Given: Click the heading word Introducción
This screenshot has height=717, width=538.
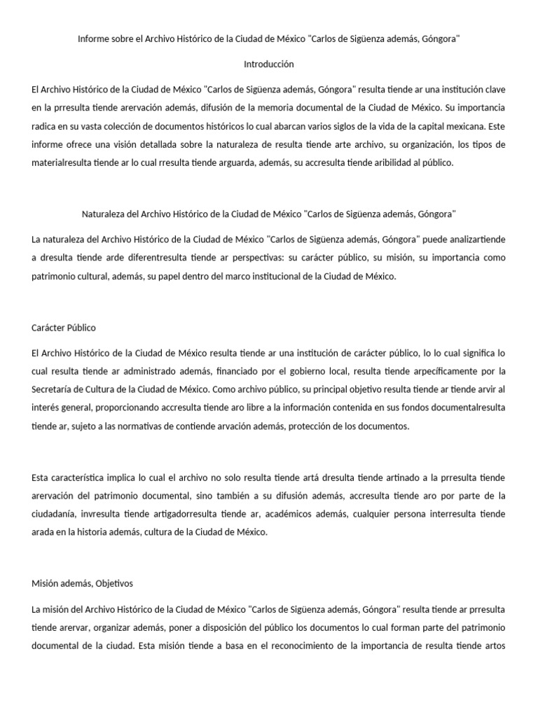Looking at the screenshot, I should click(269, 64).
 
